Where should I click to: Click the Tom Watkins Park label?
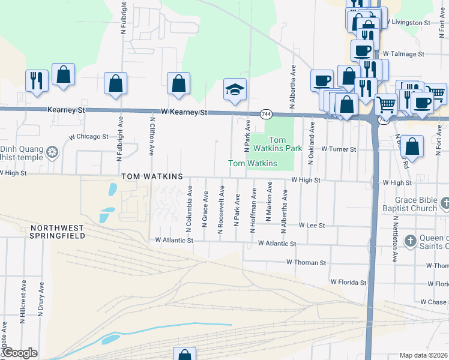point(276,143)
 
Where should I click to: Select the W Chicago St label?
point(88,137)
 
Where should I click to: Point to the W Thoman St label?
point(306,263)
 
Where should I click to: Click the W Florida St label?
point(348,282)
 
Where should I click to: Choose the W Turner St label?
point(339,148)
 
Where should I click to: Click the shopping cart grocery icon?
point(386,104)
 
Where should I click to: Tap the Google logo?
point(19,353)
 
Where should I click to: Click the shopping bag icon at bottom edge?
point(184,355)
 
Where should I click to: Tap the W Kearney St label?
point(184,112)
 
